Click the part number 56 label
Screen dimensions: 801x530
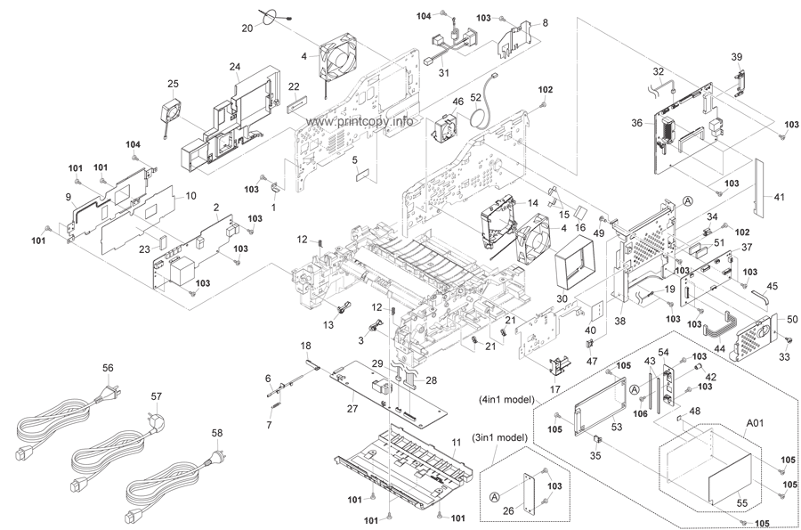click(x=108, y=368)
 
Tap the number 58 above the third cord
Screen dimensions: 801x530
click(x=217, y=433)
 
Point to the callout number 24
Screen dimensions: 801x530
click(x=234, y=67)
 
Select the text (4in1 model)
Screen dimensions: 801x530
click(x=506, y=399)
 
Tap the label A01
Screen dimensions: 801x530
click(x=755, y=423)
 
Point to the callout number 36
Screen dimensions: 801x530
click(x=636, y=123)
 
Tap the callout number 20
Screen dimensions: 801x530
click(x=247, y=29)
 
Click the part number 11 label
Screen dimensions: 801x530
click(x=457, y=442)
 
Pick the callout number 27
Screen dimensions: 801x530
click(x=352, y=408)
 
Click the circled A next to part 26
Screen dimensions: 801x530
click(x=494, y=496)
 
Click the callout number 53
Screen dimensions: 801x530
click(x=617, y=427)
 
